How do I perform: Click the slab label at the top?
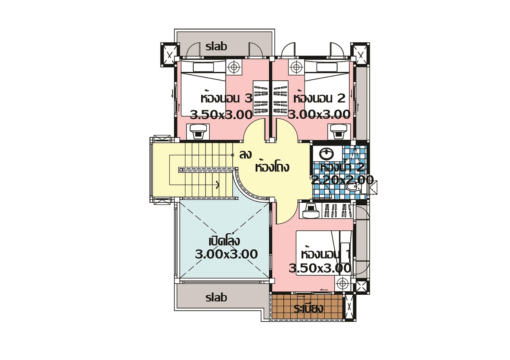[x=216, y=46]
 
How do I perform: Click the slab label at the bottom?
[x=216, y=297]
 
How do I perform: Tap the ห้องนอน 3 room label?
[x=226, y=98]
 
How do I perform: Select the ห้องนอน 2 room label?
[x=319, y=98]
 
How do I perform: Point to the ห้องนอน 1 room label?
[x=325, y=254]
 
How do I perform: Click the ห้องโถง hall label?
[x=272, y=166]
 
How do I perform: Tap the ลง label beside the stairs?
[x=246, y=154]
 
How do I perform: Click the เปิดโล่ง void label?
[x=224, y=241]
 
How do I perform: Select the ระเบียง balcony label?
[x=308, y=309]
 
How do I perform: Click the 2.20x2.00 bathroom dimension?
[x=342, y=180]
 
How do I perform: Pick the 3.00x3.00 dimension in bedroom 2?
[x=319, y=115]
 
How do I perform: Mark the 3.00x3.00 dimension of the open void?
[x=226, y=254]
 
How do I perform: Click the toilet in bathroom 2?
[x=354, y=187]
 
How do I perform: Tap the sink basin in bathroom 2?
[x=327, y=153]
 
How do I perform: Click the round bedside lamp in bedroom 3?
[x=233, y=67]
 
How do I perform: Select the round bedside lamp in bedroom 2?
[x=296, y=67]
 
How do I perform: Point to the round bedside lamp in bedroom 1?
[x=342, y=283]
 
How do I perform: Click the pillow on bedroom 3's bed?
[x=203, y=67]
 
